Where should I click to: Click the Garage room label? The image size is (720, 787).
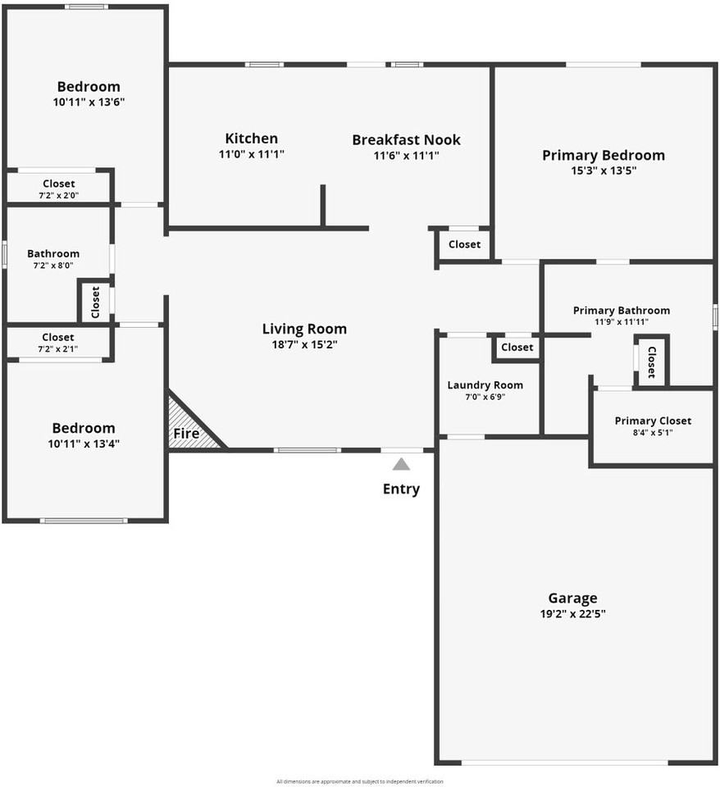point(572,598)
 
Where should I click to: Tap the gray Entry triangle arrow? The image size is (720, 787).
point(401,464)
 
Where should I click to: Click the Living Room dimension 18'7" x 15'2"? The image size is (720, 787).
point(304,344)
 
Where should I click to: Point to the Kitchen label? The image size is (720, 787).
point(251,139)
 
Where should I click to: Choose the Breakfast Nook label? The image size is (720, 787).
point(406,139)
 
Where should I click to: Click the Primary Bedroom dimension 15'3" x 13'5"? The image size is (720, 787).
point(603,171)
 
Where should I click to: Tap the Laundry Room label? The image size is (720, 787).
point(485,384)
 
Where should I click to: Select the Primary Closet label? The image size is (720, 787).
point(653,421)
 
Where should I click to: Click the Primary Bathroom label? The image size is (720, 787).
point(621,310)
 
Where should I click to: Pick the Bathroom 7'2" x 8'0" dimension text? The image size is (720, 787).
point(53,266)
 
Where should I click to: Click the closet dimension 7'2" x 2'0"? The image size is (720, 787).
point(58,195)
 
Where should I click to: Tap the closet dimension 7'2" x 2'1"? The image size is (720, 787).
point(58,349)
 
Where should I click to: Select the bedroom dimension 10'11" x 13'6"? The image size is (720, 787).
point(89,102)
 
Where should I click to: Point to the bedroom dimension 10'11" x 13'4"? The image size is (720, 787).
point(84,444)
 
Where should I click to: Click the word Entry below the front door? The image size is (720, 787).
point(401,489)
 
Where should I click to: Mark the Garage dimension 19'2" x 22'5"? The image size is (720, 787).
point(572,613)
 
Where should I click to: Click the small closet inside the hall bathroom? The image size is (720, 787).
point(95,302)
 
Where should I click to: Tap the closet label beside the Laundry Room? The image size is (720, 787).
point(517,347)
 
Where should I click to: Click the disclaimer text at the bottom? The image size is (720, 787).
point(359,781)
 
